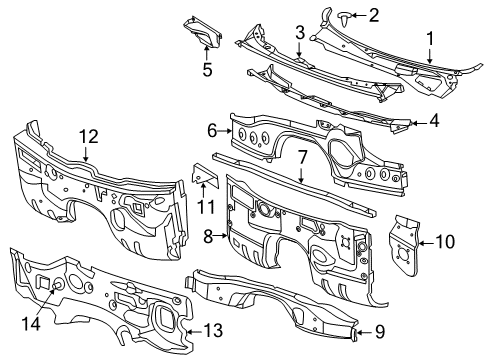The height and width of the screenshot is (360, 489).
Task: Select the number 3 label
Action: pos(299,35)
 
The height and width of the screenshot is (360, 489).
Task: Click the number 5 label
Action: pos(206,70)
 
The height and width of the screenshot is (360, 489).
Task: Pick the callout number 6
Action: pos(212,130)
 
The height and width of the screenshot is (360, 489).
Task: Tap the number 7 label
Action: pos(302,157)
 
